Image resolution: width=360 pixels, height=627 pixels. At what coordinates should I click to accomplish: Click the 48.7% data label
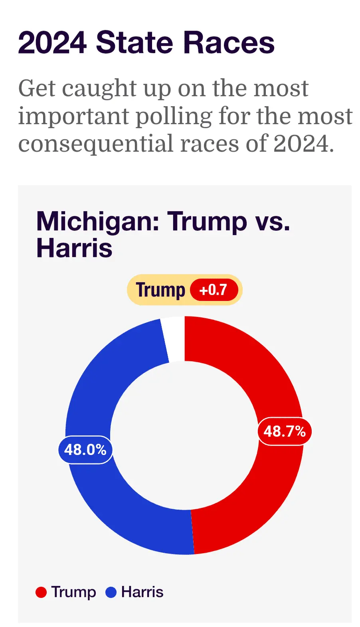(x=284, y=431)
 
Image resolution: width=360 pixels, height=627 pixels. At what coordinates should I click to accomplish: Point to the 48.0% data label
(x=85, y=450)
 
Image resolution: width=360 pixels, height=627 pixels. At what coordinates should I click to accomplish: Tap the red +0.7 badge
(x=214, y=290)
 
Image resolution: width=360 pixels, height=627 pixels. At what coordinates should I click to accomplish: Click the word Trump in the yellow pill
(x=160, y=290)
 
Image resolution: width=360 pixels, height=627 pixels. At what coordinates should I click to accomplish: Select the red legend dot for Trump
(x=41, y=592)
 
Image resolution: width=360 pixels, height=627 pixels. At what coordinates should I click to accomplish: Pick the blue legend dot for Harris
(x=111, y=592)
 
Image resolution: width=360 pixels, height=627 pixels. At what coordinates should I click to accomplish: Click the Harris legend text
(x=142, y=592)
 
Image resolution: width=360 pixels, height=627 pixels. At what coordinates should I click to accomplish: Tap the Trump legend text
(x=73, y=592)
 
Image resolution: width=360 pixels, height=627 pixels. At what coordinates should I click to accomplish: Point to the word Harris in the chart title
(x=74, y=248)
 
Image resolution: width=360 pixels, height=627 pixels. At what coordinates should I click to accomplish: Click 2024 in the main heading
(x=52, y=43)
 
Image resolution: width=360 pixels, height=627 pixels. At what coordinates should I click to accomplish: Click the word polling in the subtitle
(x=174, y=117)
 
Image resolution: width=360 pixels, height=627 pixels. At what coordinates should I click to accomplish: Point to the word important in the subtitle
(x=74, y=117)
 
